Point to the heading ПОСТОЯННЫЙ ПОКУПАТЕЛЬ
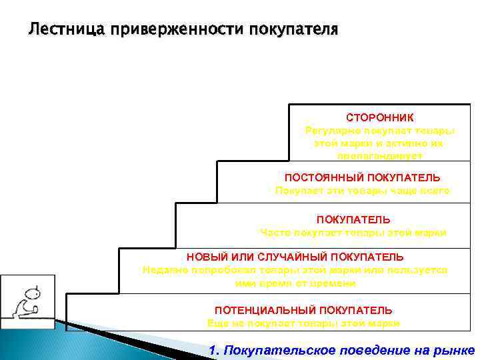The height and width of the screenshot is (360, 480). tap(362, 178)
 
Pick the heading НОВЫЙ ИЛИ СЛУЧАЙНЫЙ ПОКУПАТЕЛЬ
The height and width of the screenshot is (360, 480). tap(295, 257)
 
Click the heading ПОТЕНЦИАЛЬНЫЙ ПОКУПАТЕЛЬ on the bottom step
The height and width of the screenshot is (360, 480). tap(303, 311)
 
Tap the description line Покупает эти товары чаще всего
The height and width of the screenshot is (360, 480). tap(362, 191)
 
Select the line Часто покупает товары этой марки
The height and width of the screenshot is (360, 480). tap(353, 233)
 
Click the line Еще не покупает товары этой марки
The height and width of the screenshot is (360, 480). tap(303, 323)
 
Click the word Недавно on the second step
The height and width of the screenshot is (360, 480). tap(164, 270)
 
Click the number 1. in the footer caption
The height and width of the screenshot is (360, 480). tap(215, 351)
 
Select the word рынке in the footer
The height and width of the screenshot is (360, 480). tap(459, 351)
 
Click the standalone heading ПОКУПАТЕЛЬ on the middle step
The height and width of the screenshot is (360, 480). tap(353, 219)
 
